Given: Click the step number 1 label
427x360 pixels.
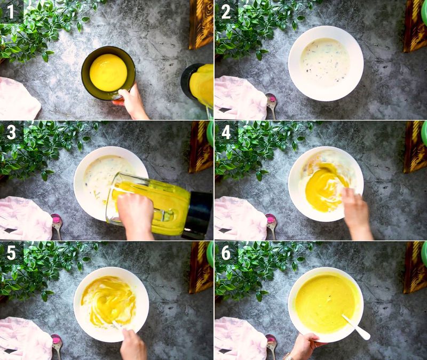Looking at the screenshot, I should [x=11, y=11].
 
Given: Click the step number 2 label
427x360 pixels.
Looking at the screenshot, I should [x=226, y=11].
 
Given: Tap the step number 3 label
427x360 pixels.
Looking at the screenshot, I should [x=11, y=132].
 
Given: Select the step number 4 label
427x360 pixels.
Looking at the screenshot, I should [x=226, y=132].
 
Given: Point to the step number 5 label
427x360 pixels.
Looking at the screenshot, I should [x=11, y=252].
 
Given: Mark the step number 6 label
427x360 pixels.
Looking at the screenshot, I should [x=226, y=252].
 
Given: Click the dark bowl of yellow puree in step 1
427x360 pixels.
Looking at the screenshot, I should [x=108, y=72].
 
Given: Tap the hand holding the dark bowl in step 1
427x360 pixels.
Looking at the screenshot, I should [x=132, y=101].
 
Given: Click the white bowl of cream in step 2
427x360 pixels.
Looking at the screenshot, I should [x=326, y=62].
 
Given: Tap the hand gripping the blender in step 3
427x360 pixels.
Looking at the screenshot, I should [x=136, y=213].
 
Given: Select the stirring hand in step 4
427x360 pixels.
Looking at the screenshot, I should [x=357, y=211].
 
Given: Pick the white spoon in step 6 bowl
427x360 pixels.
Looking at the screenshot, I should [x=357, y=326].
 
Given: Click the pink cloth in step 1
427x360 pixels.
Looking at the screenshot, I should [x=19, y=99].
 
